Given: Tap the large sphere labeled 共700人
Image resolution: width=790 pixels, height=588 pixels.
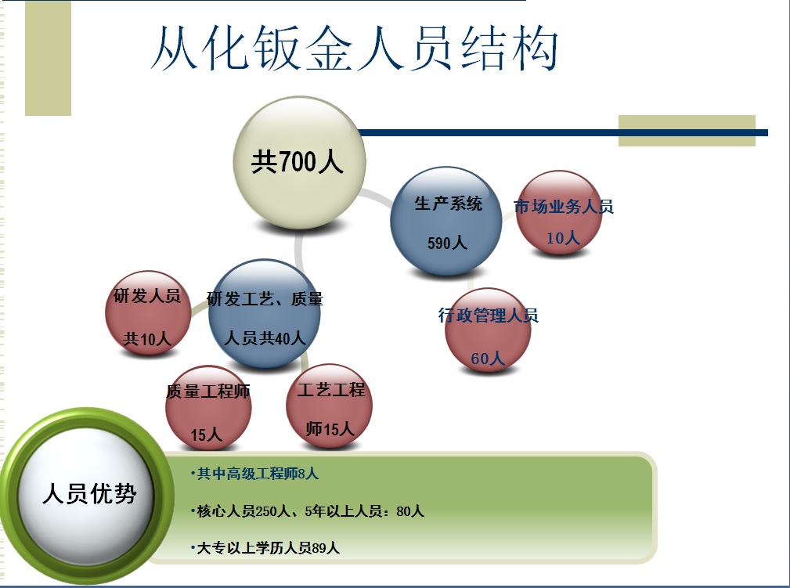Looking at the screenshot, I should click(299, 163).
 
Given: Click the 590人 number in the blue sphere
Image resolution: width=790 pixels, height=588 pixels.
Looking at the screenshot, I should click(447, 243).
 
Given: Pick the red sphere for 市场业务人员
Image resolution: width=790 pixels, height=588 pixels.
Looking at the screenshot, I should click(561, 214).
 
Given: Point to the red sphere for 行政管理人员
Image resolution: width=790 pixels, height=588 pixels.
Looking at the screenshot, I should click(488, 330).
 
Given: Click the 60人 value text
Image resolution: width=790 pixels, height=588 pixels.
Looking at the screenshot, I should click(488, 359).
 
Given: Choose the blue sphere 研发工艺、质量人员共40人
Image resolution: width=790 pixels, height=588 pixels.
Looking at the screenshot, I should click(265, 314).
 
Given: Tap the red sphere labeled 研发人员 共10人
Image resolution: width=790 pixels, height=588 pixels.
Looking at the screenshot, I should click(148, 314).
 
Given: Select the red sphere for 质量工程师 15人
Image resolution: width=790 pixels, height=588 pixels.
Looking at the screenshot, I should click(208, 409).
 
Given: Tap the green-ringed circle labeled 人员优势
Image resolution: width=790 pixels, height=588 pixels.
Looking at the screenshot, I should click(88, 495).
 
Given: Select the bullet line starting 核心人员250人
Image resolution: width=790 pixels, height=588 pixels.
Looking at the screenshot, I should click(310, 511).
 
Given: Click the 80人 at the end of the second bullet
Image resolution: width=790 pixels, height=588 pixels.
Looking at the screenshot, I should click(410, 511).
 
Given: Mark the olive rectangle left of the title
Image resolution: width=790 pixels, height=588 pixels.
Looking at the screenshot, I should click(48, 58).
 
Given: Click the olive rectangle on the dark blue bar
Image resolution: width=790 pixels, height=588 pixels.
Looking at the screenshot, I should click(687, 131).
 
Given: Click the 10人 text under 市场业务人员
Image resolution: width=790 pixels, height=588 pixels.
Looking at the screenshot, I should click(562, 238).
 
